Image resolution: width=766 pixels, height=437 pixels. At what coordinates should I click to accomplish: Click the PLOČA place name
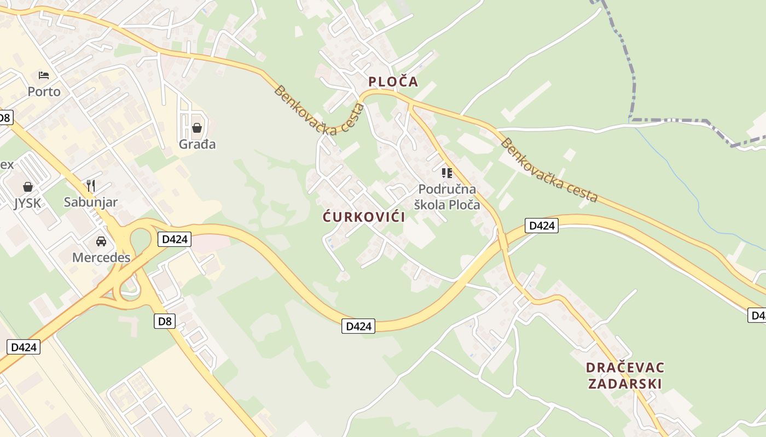tap(393, 82)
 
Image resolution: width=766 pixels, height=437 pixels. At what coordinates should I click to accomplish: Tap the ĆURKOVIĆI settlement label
tap(364, 217)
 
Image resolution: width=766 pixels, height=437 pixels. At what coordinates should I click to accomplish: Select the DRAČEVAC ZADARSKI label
tap(625, 375)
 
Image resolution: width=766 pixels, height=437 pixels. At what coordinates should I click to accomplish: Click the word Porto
tap(44, 91)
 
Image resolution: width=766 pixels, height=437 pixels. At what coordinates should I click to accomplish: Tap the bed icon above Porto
tap(44, 75)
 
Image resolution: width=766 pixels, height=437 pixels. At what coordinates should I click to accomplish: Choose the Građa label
tap(197, 144)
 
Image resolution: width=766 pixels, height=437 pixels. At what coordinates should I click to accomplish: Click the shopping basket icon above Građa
tap(196, 128)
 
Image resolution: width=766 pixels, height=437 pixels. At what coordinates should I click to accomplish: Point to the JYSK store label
tap(27, 203)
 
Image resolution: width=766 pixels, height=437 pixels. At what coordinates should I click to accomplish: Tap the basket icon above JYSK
tap(27, 187)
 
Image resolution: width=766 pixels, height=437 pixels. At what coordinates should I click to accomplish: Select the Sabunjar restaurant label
tap(91, 202)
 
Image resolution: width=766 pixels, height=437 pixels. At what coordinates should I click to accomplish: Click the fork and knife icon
tap(91, 186)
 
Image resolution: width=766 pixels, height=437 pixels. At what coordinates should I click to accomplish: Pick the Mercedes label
tap(101, 257)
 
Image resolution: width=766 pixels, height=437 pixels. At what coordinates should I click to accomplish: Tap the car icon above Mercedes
tap(101, 241)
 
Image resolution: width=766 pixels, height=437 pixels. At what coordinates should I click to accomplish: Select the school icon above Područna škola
tap(446, 173)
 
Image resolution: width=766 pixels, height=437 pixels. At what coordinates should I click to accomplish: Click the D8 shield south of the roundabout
tap(165, 321)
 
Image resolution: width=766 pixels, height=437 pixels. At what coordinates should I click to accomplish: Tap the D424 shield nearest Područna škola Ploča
tap(541, 225)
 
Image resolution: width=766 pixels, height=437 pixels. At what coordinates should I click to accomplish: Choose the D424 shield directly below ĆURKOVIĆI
tap(359, 326)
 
